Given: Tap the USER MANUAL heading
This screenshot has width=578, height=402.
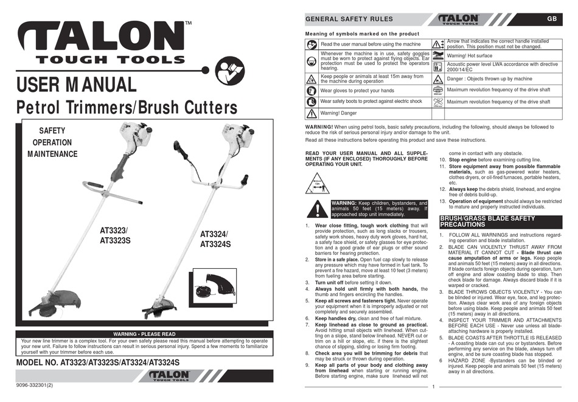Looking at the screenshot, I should [77, 84].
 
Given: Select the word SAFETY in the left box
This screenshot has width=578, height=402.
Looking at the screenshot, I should [52, 131].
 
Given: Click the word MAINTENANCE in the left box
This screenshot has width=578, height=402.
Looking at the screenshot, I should [52, 154].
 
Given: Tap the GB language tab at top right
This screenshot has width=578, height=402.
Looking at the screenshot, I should [551, 19].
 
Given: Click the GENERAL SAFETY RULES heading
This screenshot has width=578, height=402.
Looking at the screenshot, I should [349, 19].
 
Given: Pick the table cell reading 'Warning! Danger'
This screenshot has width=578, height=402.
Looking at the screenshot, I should [340, 113].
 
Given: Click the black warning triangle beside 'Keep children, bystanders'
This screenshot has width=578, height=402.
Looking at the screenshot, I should [317, 209].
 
